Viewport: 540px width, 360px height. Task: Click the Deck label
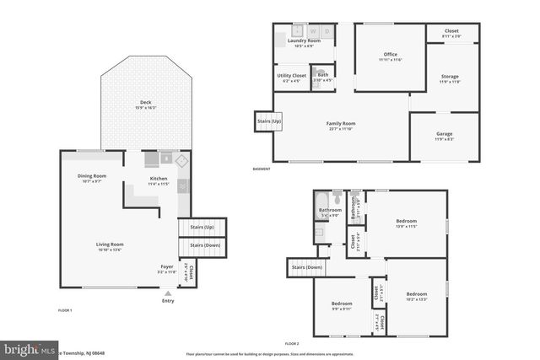click(140, 105)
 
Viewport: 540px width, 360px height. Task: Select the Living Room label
click(109, 245)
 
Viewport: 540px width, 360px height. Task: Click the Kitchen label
click(158, 180)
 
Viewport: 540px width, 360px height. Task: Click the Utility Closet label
click(291, 76)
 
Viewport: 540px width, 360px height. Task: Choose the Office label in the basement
click(390, 56)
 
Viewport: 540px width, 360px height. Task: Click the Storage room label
click(450, 78)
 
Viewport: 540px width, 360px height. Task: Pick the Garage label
click(444, 135)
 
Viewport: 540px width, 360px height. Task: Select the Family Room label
click(341, 125)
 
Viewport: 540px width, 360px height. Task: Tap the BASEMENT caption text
click(262, 169)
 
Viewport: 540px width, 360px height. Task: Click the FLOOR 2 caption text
click(292, 344)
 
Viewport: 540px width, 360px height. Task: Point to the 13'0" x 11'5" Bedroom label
click(407, 223)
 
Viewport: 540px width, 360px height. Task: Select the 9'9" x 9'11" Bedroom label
click(341, 304)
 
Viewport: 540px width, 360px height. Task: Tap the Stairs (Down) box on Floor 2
click(307, 267)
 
